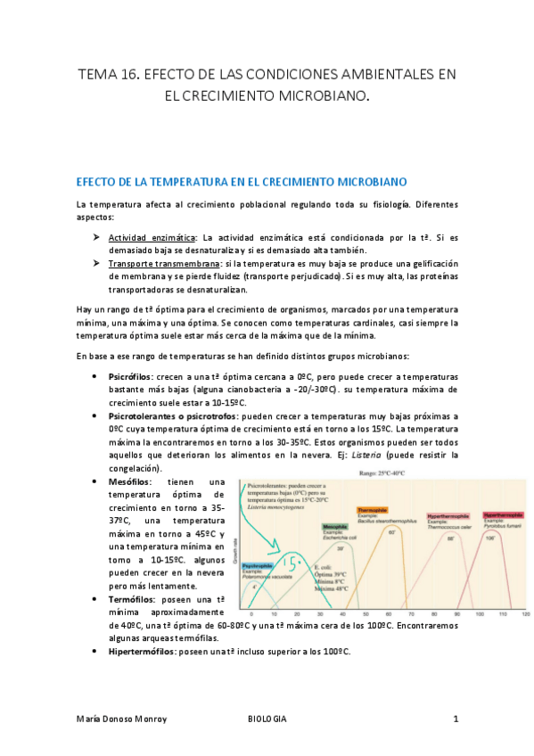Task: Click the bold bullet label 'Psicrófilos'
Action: tap(129, 377)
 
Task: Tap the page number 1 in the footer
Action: tap(456, 718)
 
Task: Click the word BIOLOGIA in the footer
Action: tap(267, 718)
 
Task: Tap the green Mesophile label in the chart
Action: tap(334, 527)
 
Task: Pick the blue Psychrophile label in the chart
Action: tap(258, 565)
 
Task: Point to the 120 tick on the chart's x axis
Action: tap(525, 615)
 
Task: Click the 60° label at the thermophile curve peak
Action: tap(390, 531)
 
